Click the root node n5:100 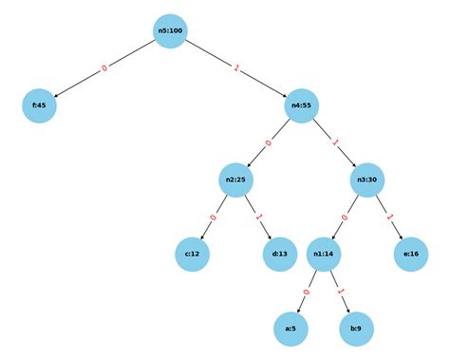tap(171, 31)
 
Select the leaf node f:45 tap(39, 105)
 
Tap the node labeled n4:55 tap(302, 105)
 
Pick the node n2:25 tap(236, 180)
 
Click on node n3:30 tap(368, 180)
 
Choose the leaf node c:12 tap(192, 254)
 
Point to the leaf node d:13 tap(280, 254)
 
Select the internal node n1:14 tap(325, 254)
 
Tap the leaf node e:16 tap(412, 254)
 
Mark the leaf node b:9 tap(357, 328)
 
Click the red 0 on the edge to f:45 tap(104, 68)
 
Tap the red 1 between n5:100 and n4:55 tap(236, 68)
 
